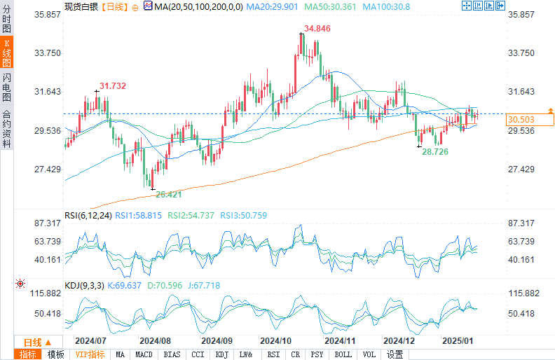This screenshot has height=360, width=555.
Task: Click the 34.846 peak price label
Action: [x=317, y=29]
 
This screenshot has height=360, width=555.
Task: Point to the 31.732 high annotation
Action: [x=112, y=86]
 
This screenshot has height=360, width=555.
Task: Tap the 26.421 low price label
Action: [x=168, y=195]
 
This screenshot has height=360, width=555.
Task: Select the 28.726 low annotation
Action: [x=435, y=151]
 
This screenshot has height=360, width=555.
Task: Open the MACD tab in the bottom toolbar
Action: [x=144, y=354]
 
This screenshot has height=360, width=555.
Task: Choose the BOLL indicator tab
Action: [x=343, y=354]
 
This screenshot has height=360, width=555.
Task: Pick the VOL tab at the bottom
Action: [x=369, y=354]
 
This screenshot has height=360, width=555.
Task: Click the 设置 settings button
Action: [x=395, y=354]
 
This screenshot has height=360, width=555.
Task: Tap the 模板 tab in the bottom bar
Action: [x=55, y=354]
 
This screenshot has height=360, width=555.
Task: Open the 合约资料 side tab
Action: [x=6, y=129]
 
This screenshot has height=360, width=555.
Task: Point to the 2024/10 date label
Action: [x=275, y=340]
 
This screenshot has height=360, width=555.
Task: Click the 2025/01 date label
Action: [x=458, y=340]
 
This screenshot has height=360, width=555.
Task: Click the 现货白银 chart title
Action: [x=81, y=6]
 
